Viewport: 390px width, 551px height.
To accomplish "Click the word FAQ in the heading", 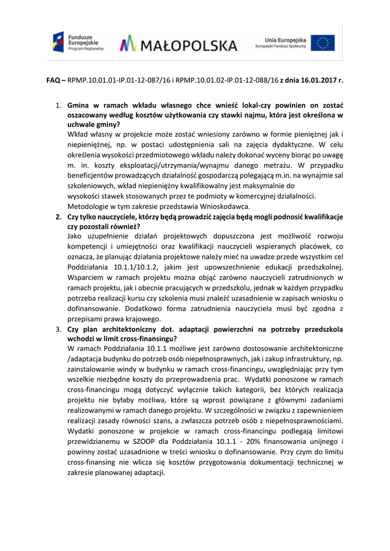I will point(53,80).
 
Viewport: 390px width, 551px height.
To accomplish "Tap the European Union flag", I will point(323,43).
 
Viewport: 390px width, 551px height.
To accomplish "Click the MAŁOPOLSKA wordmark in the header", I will point(178,44).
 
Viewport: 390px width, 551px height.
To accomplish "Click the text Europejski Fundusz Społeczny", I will point(280,47).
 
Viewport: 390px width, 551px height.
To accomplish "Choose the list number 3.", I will point(59,329).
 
